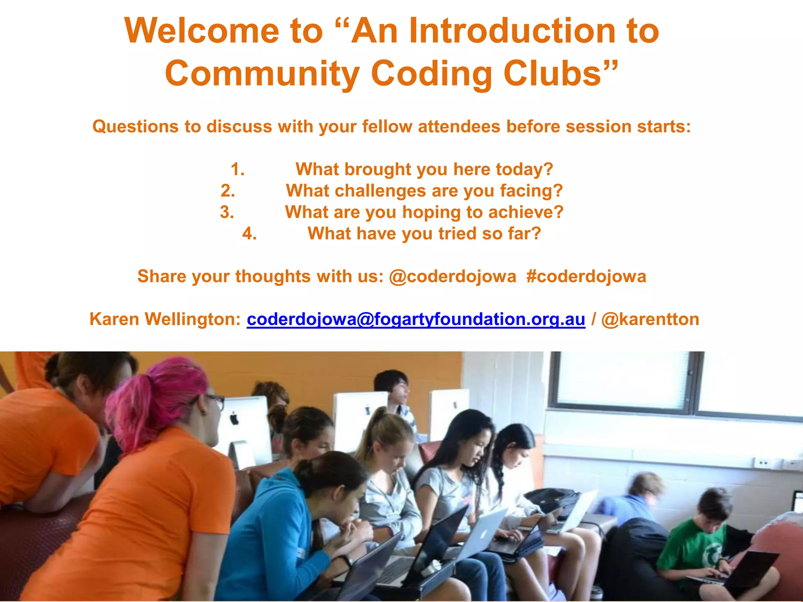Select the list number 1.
coord(237,169)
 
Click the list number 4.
coord(249,234)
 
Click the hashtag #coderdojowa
coord(586,276)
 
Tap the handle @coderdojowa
coord(452,276)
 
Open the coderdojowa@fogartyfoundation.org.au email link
coord(416,319)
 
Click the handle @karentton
coord(650,319)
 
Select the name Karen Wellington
coord(165,319)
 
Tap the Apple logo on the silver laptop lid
coord(485,533)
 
